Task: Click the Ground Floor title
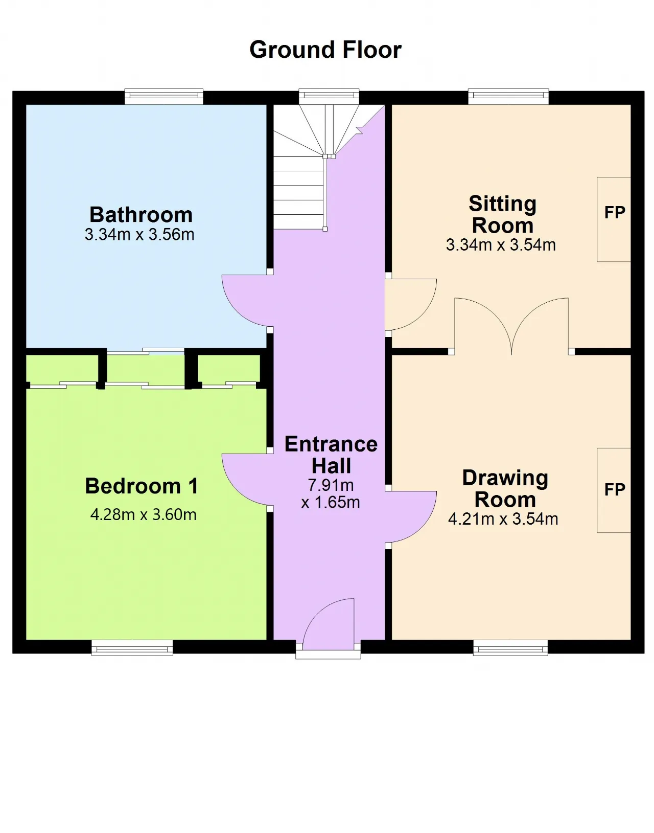tap(325, 50)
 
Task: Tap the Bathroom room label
tap(141, 215)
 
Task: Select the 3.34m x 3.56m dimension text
tap(139, 235)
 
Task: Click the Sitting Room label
tap(502, 214)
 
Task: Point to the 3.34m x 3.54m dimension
tap(501, 245)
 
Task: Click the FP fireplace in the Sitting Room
tap(614, 219)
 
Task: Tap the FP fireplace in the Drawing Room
tap(614, 490)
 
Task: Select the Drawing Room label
tap(505, 489)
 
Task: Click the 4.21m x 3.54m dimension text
tap(503, 519)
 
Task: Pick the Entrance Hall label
tap(331, 455)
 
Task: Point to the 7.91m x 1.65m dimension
tap(331, 494)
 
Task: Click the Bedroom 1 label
tap(142, 486)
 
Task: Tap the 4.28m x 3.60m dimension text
tap(143, 514)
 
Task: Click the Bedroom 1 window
tap(132, 648)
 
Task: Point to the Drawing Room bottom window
tap(510, 648)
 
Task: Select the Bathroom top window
tap(164, 97)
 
